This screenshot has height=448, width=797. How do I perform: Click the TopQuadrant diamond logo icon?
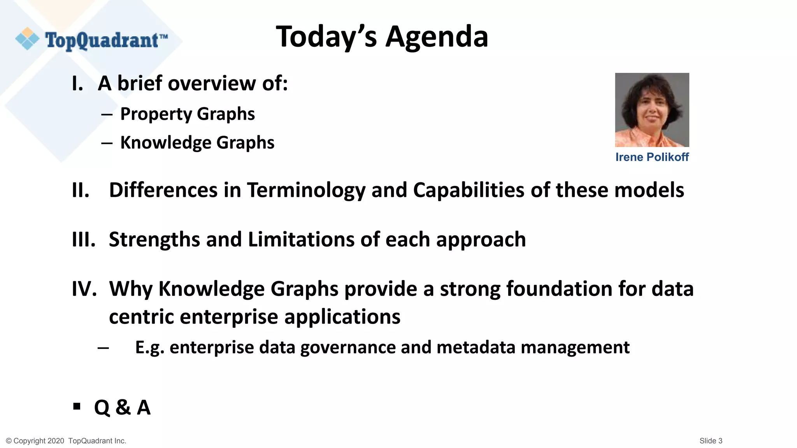click(x=27, y=39)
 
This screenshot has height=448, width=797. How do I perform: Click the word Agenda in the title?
click(x=437, y=37)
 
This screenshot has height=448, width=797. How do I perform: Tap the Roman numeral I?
click(x=77, y=84)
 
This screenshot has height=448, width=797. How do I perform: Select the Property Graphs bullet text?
click(x=187, y=114)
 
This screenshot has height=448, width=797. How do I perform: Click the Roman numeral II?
click(x=81, y=191)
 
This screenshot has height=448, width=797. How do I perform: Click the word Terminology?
click(x=306, y=191)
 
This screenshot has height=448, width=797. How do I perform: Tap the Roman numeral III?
click(x=84, y=240)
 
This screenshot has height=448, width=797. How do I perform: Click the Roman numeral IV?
click(x=84, y=289)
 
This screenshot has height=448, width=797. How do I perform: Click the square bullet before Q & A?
click(x=77, y=407)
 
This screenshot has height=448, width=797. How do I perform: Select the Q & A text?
click(x=122, y=408)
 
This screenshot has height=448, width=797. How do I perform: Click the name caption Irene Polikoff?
click(x=652, y=157)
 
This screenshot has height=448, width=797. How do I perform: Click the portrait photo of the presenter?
click(x=652, y=110)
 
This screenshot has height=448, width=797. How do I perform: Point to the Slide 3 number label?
click(x=711, y=441)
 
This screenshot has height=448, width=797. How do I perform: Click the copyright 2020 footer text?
click(x=66, y=441)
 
